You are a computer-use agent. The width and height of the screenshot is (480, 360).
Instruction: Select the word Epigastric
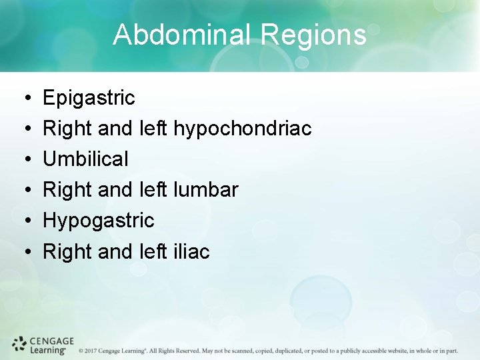tap(89, 99)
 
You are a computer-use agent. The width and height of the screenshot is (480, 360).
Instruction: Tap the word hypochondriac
tap(242, 129)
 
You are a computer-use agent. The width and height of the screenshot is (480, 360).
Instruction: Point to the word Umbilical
tap(85, 159)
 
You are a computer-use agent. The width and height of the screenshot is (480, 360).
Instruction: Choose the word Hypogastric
tap(98, 221)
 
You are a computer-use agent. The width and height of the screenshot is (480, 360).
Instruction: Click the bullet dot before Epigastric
tap(24, 99)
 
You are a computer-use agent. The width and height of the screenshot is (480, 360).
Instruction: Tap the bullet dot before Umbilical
tap(24, 160)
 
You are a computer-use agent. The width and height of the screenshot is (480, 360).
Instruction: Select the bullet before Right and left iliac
tap(24, 252)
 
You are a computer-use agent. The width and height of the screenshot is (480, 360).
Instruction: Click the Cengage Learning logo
tap(43, 345)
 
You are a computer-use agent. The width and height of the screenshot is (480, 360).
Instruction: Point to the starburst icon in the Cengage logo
tap(19, 344)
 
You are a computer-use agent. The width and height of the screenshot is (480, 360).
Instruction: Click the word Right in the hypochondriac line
tap(65, 129)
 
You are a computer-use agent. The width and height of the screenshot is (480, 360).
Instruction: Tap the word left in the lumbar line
tap(153, 190)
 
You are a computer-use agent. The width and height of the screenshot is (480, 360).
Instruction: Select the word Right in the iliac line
tap(65, 251)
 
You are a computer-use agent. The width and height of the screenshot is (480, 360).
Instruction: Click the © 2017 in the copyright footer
tap(91, 351)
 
